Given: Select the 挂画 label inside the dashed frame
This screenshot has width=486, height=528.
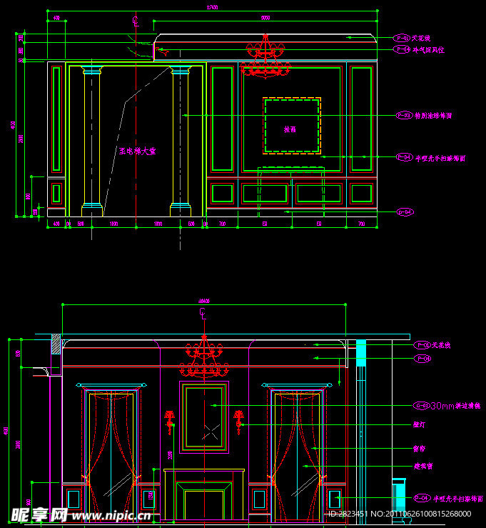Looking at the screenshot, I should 290,129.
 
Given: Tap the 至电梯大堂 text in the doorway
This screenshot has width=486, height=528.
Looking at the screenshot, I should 137,151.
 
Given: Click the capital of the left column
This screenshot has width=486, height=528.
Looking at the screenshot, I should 93,70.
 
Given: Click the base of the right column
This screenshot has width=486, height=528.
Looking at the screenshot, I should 180,210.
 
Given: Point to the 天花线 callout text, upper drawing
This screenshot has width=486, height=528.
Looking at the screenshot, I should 422,38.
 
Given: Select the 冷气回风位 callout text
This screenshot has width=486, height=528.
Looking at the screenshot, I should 428,50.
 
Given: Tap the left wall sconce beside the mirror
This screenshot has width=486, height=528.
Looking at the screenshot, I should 170,421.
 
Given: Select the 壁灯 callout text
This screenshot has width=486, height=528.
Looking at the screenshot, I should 419,424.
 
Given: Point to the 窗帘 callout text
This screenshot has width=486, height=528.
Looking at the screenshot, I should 419,449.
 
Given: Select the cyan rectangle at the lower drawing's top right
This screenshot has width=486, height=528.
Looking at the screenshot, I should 360,351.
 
